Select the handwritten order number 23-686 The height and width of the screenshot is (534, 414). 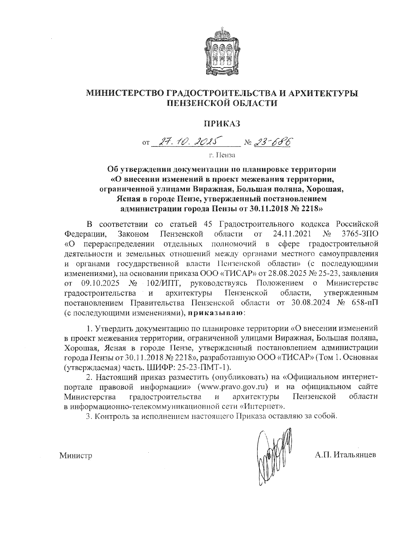(x=272, y=142)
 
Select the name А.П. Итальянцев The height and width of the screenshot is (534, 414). (x=345, y=455)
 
